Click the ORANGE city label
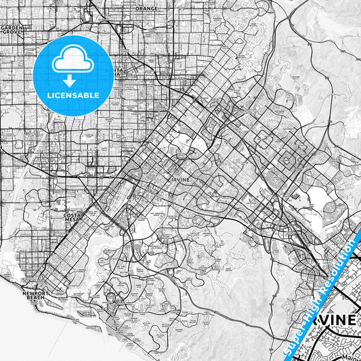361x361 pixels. pyautogui.click(x=146, y=9)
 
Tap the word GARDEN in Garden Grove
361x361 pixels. pyautogui.click(x=11, y=27)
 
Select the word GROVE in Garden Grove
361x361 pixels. pyautogui.click(x=11, y=32)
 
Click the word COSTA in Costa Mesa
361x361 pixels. pyautogui.click(x=73, y=215)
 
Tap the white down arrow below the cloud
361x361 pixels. pyautogui.click(x=73, y=80)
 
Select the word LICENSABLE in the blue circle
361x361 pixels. pyautogui.click(x=73, y=95)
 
